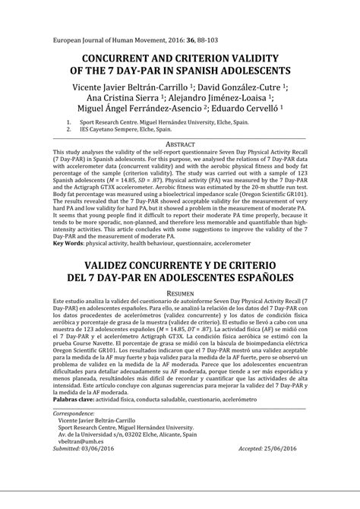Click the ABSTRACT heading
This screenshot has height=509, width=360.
(179, 142)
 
